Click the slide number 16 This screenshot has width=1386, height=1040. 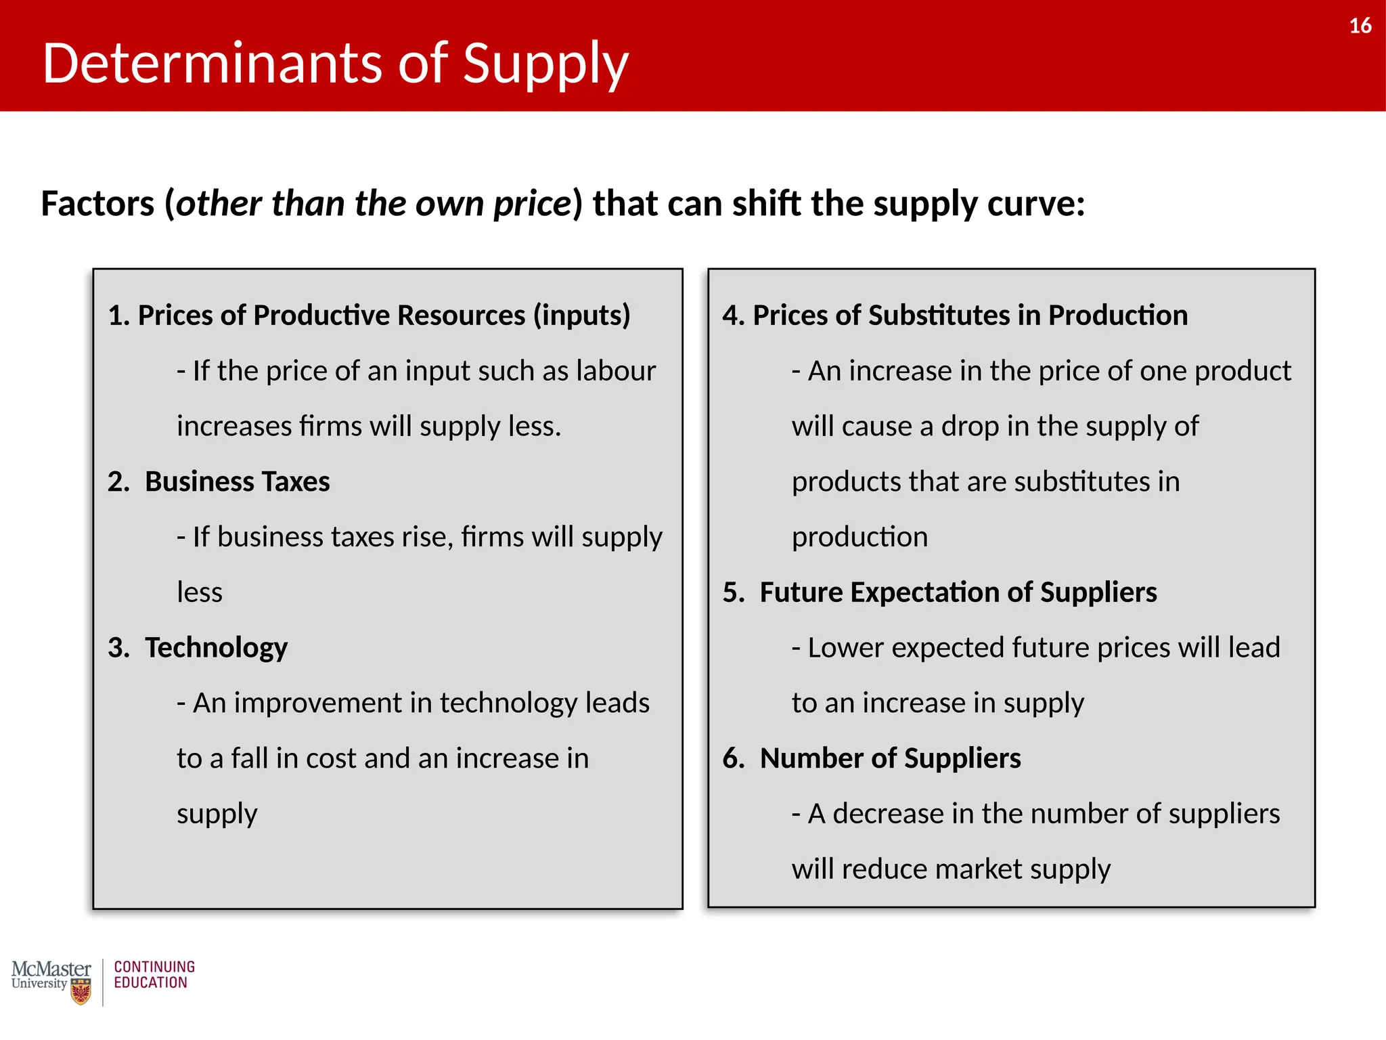point(1360,26)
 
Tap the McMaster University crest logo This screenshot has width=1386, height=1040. point(81,993)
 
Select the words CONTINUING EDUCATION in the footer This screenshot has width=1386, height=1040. point(154,975)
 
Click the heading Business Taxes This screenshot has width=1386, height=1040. point(237,481)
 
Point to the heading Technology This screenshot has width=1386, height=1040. point(216,647)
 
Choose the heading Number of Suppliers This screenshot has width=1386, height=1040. point(890,758)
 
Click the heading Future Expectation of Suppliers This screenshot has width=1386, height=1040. point(958,592)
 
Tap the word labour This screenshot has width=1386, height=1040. point(616,371)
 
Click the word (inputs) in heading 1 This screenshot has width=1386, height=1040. point(581,316)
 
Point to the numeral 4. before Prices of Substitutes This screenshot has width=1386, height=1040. point(734,316)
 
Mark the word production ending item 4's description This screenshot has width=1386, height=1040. point(859,537)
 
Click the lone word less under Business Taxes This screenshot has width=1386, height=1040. point(200,592)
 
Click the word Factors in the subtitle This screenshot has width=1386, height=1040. point(98,204)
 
